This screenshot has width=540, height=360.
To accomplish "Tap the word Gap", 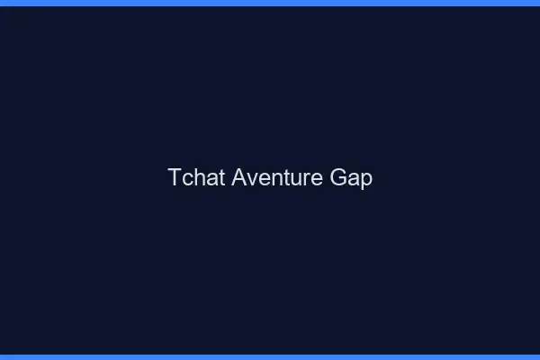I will tap(350, 178).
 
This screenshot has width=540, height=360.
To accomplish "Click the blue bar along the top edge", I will tap(270, 3).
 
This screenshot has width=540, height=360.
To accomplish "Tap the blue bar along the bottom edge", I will tap(270, 356).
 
